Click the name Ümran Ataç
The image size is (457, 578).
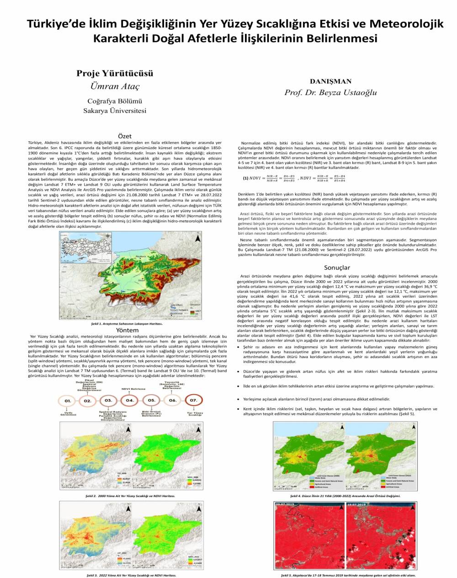click(115, 86)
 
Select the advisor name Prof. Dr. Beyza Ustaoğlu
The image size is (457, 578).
click(330, 92)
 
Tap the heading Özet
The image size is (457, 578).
click(125, 136)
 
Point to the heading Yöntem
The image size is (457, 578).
click(128, 330)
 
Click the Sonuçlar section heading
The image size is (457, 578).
click(337, 268)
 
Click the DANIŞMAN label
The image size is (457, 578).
click(330, 81)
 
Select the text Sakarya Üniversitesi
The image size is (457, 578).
click(115, 111)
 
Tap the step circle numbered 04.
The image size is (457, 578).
click(129, 400)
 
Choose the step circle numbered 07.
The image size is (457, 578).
click(193, 400)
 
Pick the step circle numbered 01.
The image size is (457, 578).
click(68, 401)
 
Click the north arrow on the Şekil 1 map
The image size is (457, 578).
click(197, 238)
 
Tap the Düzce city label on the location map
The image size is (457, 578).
click(141, 279)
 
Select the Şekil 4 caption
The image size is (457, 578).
click(345, 496)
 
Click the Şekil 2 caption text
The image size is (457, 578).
click(130, 496)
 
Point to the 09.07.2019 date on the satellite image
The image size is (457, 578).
click(286, 504)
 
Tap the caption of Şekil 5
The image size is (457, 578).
click(345, 575)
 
